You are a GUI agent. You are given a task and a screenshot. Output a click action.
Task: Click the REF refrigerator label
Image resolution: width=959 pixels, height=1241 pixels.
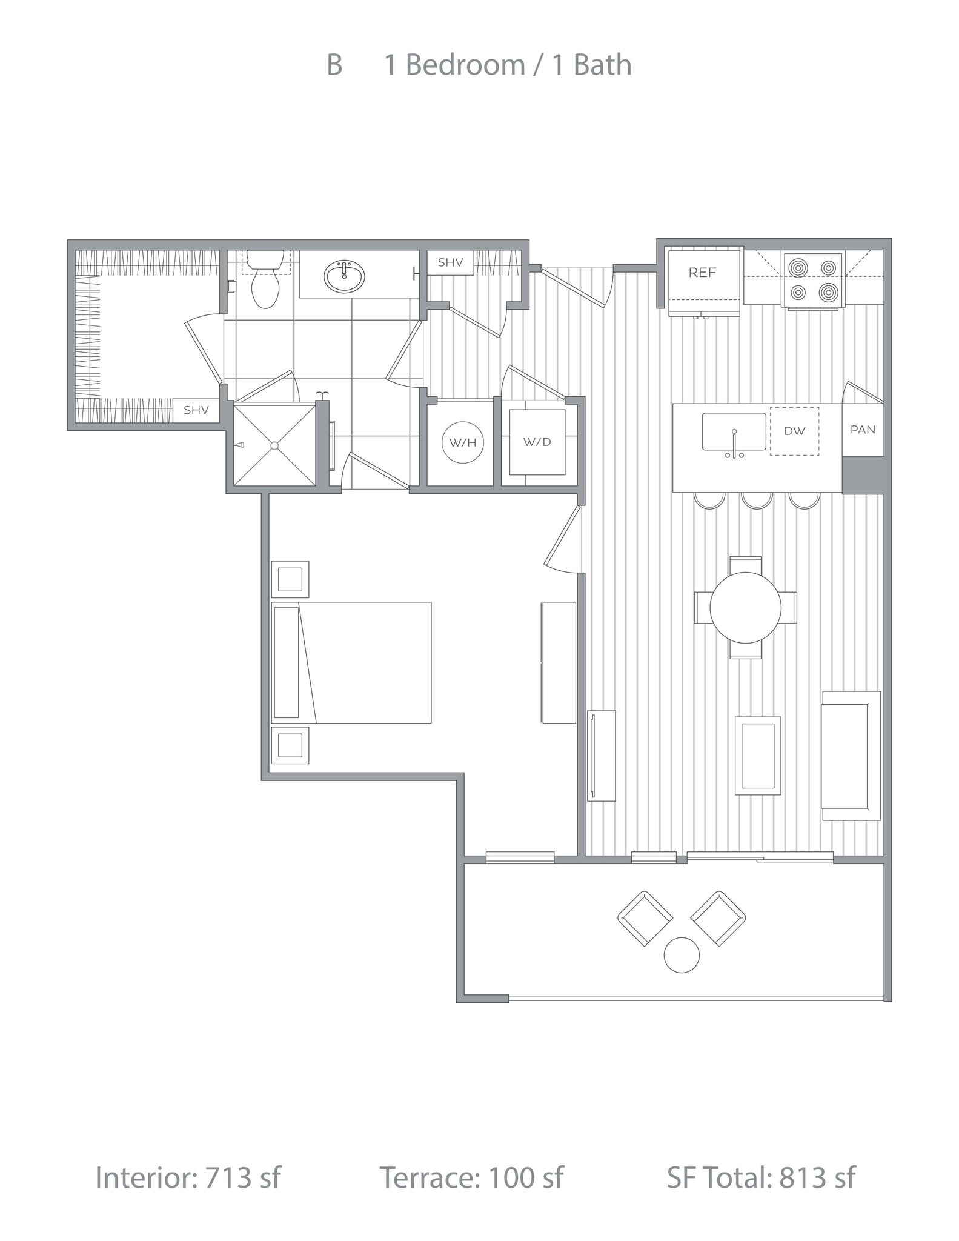point(702,273)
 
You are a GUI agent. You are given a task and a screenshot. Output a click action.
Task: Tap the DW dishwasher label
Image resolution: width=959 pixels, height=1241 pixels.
point(794,431)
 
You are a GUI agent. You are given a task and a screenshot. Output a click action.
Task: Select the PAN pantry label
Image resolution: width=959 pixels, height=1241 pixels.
point(863,430)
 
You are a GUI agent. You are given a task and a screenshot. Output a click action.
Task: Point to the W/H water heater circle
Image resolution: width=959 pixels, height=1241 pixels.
point(463,442)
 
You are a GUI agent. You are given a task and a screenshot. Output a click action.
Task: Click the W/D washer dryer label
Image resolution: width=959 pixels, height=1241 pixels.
point(537,442)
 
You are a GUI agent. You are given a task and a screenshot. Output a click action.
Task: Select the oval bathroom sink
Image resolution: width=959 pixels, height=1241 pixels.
point(344,276)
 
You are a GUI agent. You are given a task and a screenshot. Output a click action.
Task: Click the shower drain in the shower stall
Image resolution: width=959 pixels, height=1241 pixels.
point(274,445)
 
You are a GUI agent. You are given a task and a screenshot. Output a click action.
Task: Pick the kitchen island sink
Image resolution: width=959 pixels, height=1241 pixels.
point(734,432)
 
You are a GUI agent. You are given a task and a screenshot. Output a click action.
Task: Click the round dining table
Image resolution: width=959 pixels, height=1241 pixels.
point(745,608)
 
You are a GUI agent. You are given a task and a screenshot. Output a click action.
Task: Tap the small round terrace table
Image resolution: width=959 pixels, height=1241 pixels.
point(682,955)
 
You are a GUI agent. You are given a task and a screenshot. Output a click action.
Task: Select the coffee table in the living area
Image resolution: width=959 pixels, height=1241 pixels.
point(757,755)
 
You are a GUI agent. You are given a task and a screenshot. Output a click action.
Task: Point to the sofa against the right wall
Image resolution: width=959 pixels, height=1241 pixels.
point(851,756)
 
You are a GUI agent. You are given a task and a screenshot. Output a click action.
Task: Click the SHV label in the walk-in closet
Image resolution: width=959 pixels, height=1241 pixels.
point(196,410)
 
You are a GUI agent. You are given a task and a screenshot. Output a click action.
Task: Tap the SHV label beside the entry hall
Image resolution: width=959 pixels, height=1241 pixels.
point(450,262)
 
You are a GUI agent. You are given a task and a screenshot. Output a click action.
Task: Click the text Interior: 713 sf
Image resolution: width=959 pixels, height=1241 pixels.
point(188,1177)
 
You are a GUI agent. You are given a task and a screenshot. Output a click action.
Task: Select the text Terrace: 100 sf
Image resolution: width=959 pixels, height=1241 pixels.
point(471,1177)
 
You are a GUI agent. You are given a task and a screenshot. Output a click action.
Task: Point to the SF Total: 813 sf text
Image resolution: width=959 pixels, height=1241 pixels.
point(761,1177)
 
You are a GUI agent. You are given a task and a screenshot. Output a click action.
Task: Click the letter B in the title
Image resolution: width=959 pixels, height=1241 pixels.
point(334,65)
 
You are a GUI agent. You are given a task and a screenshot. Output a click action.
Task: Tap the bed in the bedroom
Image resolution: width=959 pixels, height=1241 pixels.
point(352,662)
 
